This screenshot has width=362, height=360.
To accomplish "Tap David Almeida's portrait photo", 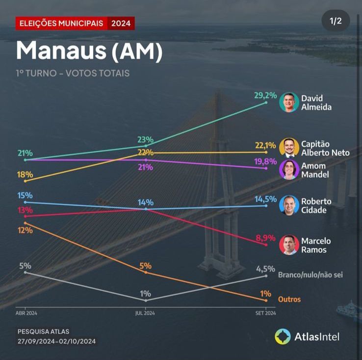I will point(289,102).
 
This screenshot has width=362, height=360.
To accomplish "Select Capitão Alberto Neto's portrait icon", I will point(289,148).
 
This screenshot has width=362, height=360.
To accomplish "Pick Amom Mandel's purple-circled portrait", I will point(289,170).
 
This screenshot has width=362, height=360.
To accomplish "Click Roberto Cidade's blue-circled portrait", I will point(289,205).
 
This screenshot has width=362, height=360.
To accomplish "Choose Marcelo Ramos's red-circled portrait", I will point(289,245).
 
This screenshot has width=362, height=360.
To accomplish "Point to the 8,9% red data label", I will point(265,238).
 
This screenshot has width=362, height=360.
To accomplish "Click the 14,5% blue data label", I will point(265,199).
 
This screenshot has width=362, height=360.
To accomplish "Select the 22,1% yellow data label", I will point(265,145).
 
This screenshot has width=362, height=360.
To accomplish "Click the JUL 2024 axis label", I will point(145,313).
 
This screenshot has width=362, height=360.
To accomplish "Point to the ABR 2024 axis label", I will point(26,313).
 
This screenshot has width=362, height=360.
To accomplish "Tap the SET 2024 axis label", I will point(265,313).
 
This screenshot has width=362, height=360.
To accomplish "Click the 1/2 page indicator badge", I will point(336,21).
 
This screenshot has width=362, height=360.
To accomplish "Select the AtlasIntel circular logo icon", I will point(283,336).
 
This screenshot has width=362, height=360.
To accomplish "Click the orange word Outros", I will point(289,299).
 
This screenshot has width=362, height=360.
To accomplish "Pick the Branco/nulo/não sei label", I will point(310,275).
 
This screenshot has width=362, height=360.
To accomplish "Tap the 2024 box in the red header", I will point(121,23).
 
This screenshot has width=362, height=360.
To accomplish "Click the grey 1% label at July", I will point(145,294).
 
